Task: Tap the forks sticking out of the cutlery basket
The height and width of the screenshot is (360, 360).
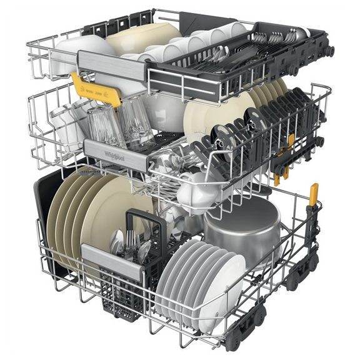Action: coord(131,241)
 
